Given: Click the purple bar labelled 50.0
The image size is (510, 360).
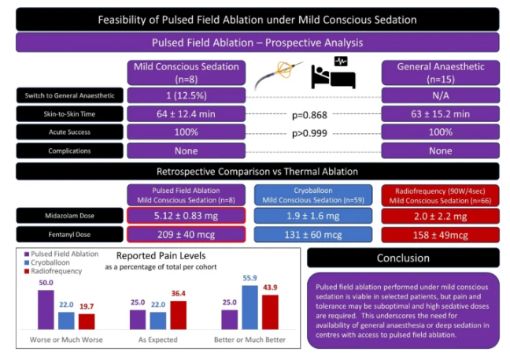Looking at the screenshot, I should click(x=46, y=309).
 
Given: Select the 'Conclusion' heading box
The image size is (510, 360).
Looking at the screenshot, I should click(x=402, y=257).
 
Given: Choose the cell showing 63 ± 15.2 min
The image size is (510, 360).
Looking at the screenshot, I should click(x=440, y=114).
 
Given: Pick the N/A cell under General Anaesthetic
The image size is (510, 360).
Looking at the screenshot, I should click(x=440, y=95).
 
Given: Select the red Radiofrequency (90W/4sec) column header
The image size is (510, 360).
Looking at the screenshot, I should click(x=440, y=193).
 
